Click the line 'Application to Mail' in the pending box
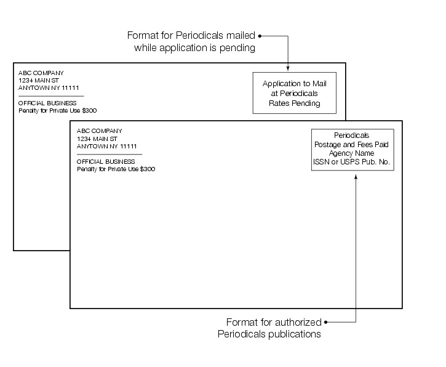pos(295,83)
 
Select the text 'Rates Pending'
pos(295,103)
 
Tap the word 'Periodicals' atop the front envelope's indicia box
pos(351,135)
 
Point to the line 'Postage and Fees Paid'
pos(351,144)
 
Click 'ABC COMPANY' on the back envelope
pos(41,73)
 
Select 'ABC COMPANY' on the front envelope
pos(100,131)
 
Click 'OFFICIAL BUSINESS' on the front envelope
pos(106,161)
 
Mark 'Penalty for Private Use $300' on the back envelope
pos(57,111)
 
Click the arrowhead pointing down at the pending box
pos(288,68)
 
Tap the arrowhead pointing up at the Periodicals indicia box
pos(356,177)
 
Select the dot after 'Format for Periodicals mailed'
pos(260,36)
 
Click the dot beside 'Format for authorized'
pos(326,322)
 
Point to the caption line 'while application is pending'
pos(195,48)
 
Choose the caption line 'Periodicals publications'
pos(269,334)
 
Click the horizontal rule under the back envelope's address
pos(50,96)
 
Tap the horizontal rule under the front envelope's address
pos(109,154)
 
